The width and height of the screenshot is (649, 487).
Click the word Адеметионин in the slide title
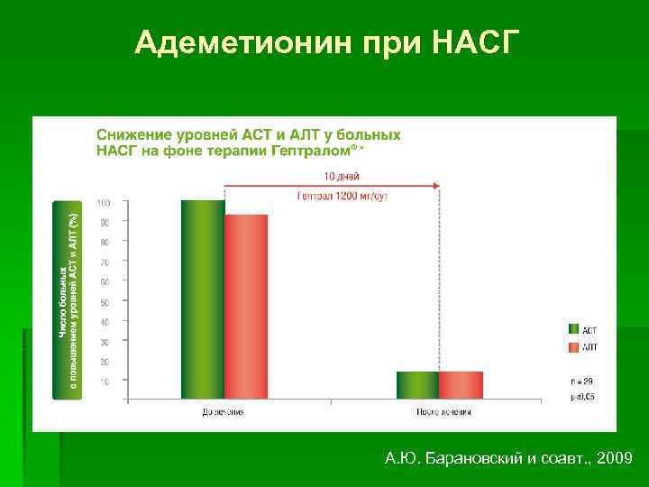point(225,41)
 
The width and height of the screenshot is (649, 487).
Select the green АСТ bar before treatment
point(203,299)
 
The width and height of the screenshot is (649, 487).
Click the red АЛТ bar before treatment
point(246,306)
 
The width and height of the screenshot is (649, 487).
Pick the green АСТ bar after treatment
point(417,384)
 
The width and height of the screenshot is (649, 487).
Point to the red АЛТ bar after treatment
point(461,384)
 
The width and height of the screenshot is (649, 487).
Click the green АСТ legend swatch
point(572,330)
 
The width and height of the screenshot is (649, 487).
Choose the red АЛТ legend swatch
point(572,347)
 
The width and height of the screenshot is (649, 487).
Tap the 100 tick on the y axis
point(105,201)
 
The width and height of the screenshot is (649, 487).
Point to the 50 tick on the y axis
point(105,302)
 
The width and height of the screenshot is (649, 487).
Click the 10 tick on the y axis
point(105,381)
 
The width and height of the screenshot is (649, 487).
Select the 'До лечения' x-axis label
point(223,411)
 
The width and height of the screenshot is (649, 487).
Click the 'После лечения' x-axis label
point(443,411)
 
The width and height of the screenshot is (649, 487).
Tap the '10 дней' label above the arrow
point(342,176)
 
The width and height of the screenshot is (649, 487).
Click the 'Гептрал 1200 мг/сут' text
point(342,197)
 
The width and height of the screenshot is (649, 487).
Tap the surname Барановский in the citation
point(470,459)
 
